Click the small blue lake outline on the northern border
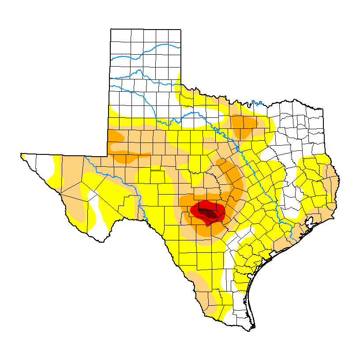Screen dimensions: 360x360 point(254,104)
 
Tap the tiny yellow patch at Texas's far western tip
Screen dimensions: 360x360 point(22,156)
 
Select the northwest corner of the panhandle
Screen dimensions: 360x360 point(111,29)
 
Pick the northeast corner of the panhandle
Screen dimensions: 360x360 point(180,30)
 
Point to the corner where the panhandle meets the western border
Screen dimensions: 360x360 point(108,155)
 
